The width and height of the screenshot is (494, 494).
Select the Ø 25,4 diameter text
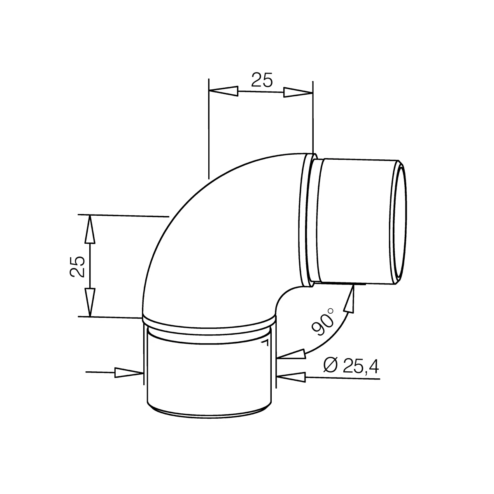tap(351, 365)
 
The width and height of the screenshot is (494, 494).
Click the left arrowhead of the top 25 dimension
tap(224, 91)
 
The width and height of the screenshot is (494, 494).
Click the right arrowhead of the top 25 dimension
tap(298, 92)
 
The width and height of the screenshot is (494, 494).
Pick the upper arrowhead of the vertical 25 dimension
tap(90, 230)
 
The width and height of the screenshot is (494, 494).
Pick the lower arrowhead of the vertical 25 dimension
tap(90, 301)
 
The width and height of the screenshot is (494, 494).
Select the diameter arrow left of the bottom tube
tap(128, 373)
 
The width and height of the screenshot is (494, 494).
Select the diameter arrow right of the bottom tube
tap(292, 376)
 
